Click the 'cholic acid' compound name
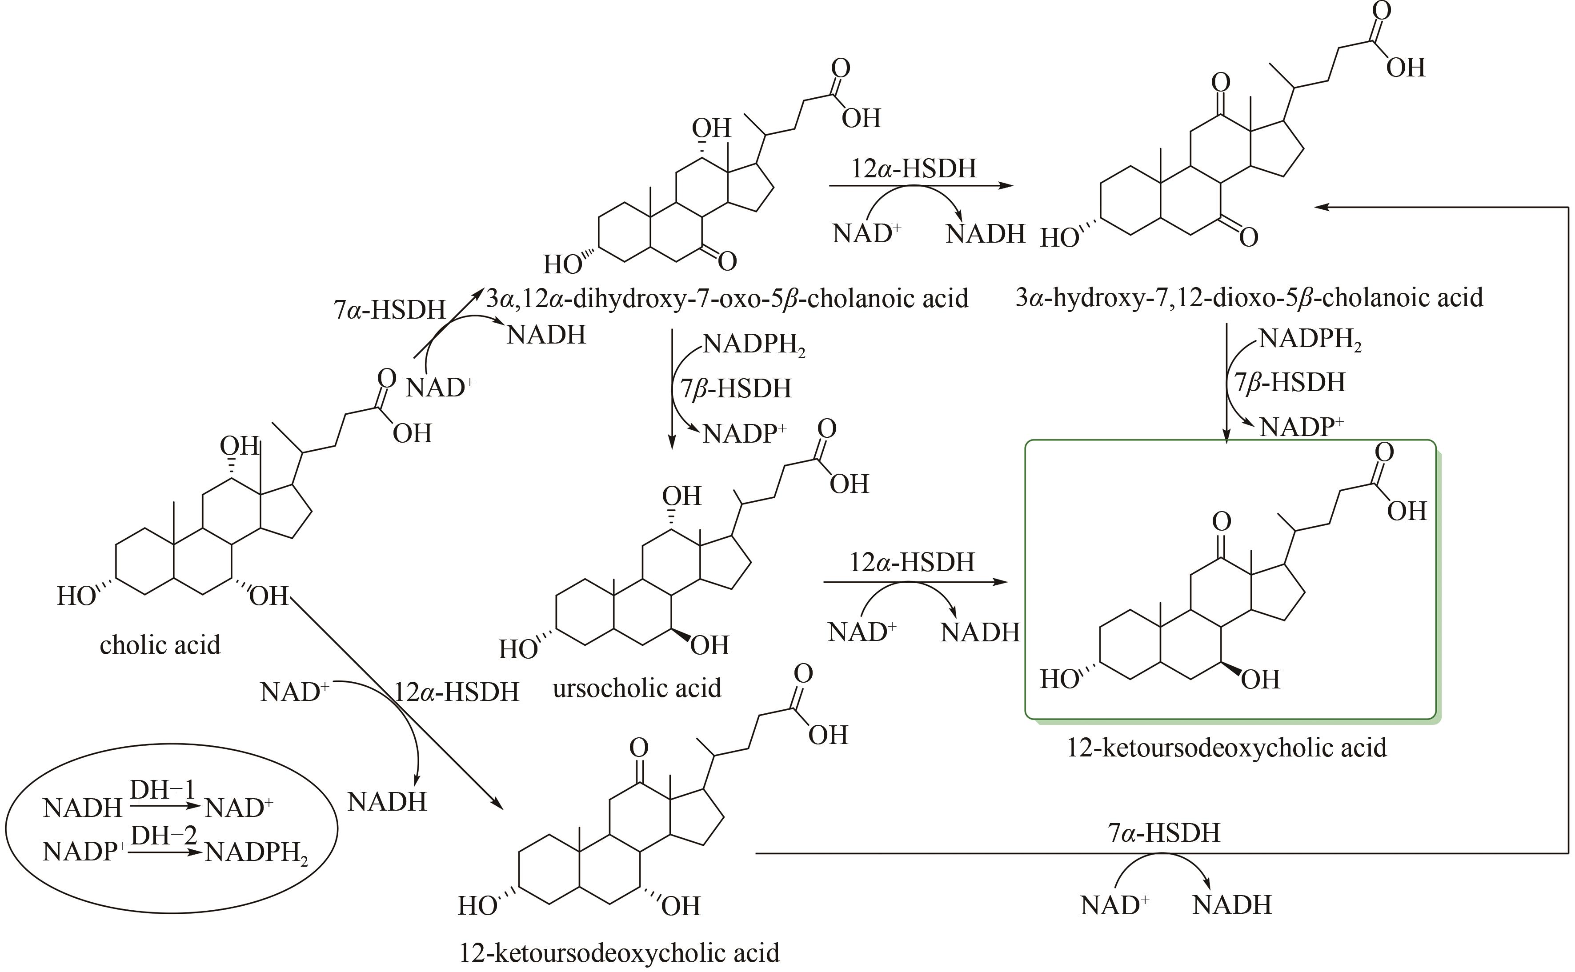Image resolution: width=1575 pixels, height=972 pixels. [160, 645]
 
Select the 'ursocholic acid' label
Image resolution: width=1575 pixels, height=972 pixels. [637, 688]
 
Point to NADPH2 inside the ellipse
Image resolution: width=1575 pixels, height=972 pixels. [256, 853]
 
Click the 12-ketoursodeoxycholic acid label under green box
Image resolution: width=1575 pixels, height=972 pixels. [1226, 748]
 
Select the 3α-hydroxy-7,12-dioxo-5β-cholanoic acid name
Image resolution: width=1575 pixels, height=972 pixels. [1249, 298]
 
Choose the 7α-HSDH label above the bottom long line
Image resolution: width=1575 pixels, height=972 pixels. [1163, 833]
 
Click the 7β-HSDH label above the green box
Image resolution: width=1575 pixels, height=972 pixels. [1290, 383]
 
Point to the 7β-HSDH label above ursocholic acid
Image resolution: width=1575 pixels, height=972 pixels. [736, 389]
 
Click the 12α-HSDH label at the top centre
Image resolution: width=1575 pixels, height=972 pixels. [914, 168]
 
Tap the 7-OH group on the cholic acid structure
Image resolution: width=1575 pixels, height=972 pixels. [269, 596]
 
